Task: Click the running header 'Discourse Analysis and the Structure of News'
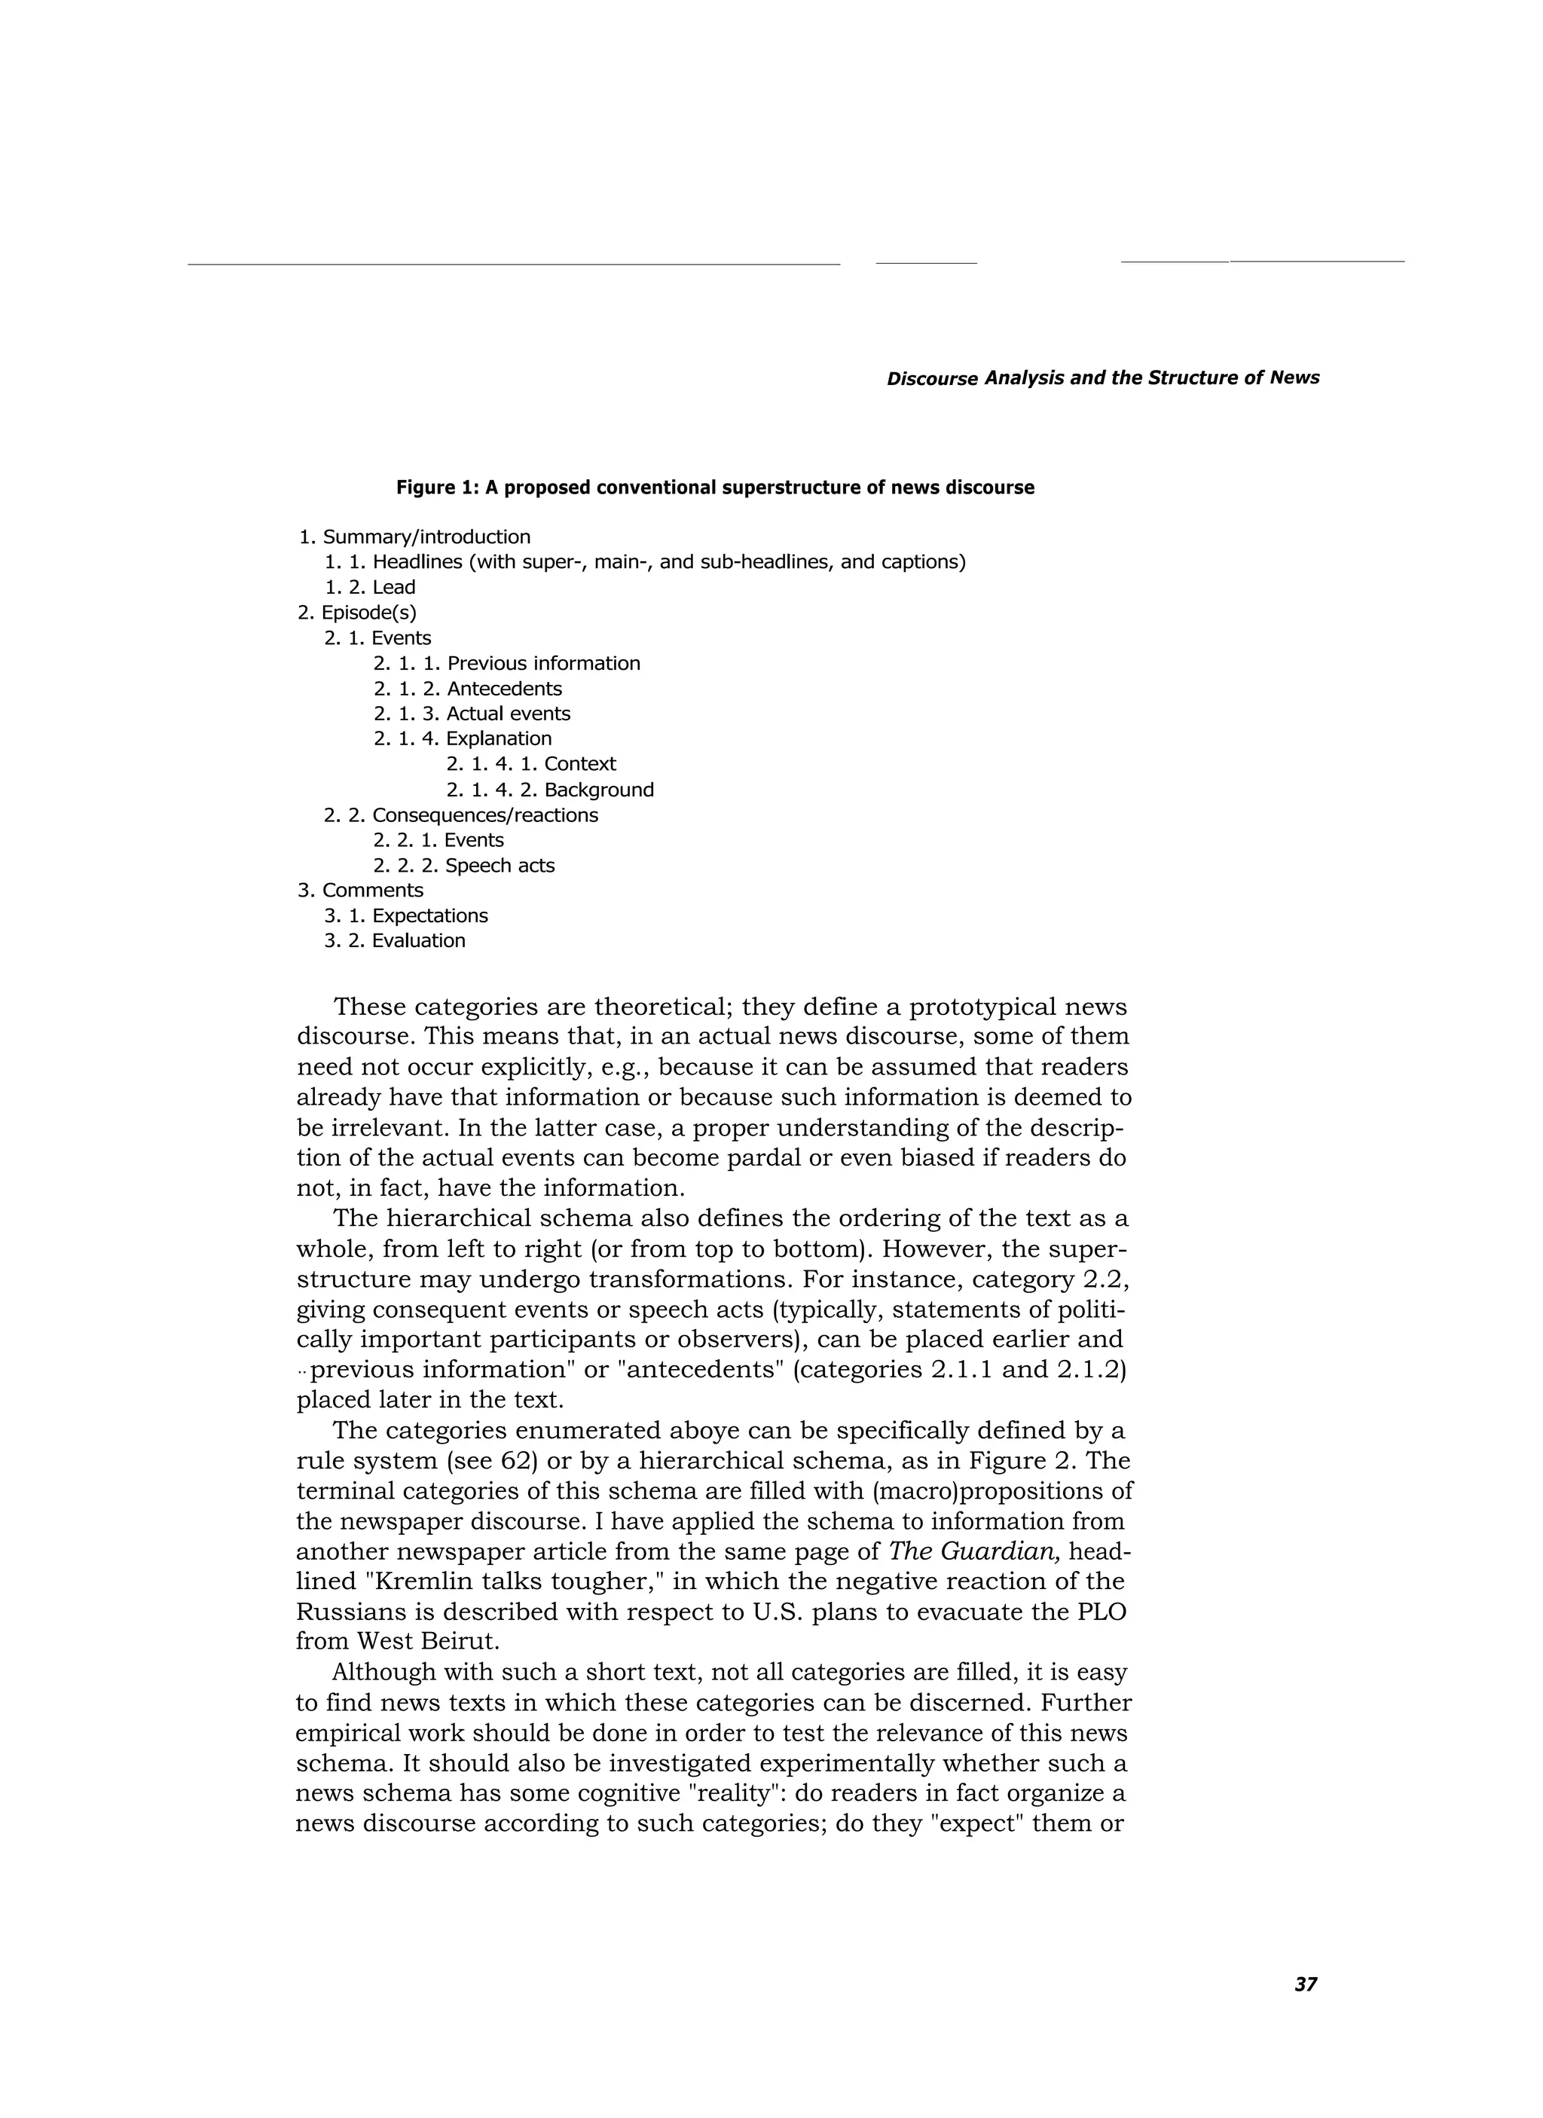[x=1102, y=378]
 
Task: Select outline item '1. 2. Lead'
[x=370, y=588]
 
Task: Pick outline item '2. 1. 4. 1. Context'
[x=530, y=764]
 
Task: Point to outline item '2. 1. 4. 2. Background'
[x=549, y=790]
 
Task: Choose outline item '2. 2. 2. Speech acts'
[x=463, y=866]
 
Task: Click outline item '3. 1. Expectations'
[x=405, y=916]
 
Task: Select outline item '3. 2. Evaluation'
[x=394, y=941]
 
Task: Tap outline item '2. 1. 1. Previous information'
[x=506, y=663]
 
